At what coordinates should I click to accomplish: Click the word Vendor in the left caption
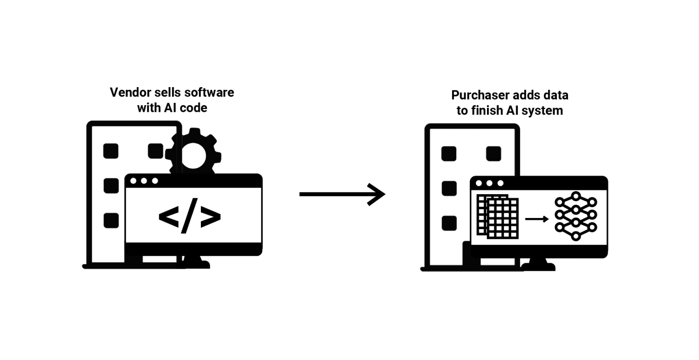(x=127, y=92)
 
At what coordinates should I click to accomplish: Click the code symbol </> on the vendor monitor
(x=189, y=216)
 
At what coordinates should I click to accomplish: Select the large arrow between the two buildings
(x=342, y=193)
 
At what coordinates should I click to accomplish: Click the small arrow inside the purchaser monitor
(x=537, y=218)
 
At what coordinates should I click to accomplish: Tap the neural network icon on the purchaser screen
(x=576, y=216)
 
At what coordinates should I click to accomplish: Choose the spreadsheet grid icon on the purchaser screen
(x=498, y=217)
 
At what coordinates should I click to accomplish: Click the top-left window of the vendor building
(x=111, y=151)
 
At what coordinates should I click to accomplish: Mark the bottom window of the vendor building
(x=111, y=220)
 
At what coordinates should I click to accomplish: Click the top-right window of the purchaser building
(x=493, y=154)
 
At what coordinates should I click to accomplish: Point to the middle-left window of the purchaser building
(x=449, y=188)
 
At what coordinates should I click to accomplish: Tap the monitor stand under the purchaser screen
(x=538, y=265)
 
